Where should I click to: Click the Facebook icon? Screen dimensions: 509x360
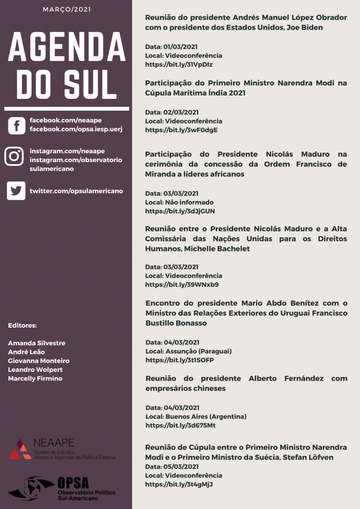click(16, 126)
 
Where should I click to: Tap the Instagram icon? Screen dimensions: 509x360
click(14, 156)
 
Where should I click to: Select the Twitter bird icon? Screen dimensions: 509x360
click(16, 191)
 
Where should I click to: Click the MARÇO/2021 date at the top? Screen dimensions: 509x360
click(66, 9)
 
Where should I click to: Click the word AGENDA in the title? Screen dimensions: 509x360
click(66, 48)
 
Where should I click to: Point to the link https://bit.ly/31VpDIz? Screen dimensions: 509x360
click(179, 64)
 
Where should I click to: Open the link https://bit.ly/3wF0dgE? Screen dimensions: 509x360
click(181, 130)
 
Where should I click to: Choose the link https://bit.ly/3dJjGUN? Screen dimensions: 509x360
click(180, 211)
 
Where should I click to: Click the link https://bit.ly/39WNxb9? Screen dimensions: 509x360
click(181, 285)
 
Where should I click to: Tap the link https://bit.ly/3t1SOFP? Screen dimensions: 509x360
click(180, 360)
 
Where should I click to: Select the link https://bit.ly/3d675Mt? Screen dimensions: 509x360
click(180, 425)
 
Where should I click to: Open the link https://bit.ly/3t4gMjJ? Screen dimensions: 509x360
click(179, 484)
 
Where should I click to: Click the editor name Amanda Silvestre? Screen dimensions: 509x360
click(37, 343)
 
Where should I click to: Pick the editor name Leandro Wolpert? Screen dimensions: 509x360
click(35, 370)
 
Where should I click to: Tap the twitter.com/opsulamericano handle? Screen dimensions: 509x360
click(76, 191)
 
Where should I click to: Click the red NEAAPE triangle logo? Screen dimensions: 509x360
click(20, 449)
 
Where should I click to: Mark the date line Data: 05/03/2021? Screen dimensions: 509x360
click(172, 467)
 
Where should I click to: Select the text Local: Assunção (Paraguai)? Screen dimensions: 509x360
click(188, 351)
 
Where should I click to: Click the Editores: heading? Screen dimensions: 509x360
click(22, 326)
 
